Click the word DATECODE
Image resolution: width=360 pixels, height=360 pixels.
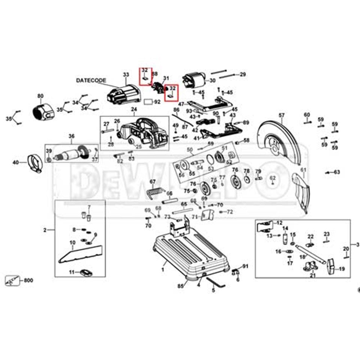point(91,80)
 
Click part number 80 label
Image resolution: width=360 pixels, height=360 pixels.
point(40,96)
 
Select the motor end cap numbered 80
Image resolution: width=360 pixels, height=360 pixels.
point(42,110)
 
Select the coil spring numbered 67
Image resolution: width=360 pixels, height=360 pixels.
point(153,192)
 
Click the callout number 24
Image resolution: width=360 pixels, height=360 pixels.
point(134,109)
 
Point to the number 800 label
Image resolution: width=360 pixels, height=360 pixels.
point(28,280)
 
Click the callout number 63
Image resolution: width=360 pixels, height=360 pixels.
point(336,172)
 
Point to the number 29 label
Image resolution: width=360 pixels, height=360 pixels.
point(243,74)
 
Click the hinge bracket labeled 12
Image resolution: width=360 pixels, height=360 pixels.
point(264,226)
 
